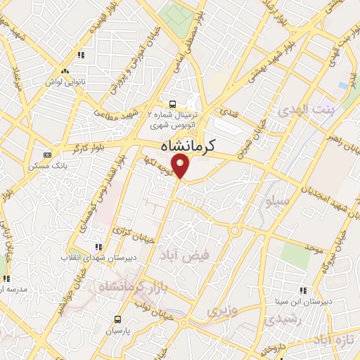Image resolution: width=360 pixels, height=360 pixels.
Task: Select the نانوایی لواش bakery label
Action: point(65,82)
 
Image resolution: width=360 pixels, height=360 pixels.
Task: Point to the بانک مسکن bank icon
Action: point(47,155)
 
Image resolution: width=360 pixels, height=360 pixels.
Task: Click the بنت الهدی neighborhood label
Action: point(297,110)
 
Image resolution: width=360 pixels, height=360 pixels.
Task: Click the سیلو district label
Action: point(275,202)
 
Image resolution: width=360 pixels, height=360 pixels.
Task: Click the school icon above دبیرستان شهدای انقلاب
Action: point(98,247)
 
